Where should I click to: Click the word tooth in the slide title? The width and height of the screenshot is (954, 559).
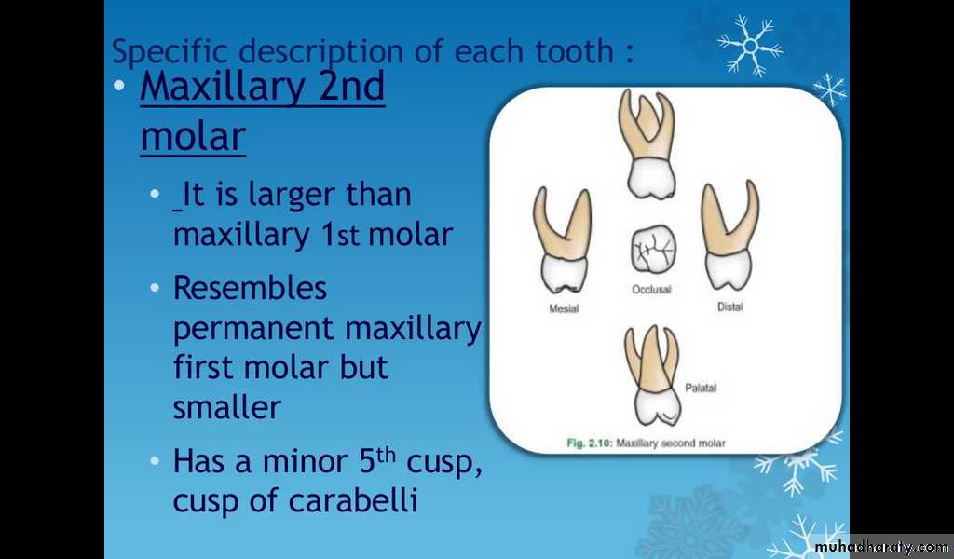pos(574,51)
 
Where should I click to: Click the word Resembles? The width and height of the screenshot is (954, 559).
pos(250,288)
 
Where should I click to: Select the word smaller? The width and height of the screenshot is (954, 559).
pos(227,407)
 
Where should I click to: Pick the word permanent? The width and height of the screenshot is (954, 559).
pos(253,329)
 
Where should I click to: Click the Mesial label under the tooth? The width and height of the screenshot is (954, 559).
pos(564,309)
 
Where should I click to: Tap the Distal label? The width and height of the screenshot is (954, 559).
pos(730,307)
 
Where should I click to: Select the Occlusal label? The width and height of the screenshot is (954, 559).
pos(651,290)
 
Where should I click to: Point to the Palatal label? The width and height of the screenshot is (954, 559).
pos(701,388)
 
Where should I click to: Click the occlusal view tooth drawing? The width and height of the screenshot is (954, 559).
pos(653,249)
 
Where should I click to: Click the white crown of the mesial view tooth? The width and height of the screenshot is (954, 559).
pos(564,274)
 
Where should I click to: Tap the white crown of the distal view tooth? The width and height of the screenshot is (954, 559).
pos(729,270)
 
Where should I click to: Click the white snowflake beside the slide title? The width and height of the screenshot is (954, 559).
pos(750,46)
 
